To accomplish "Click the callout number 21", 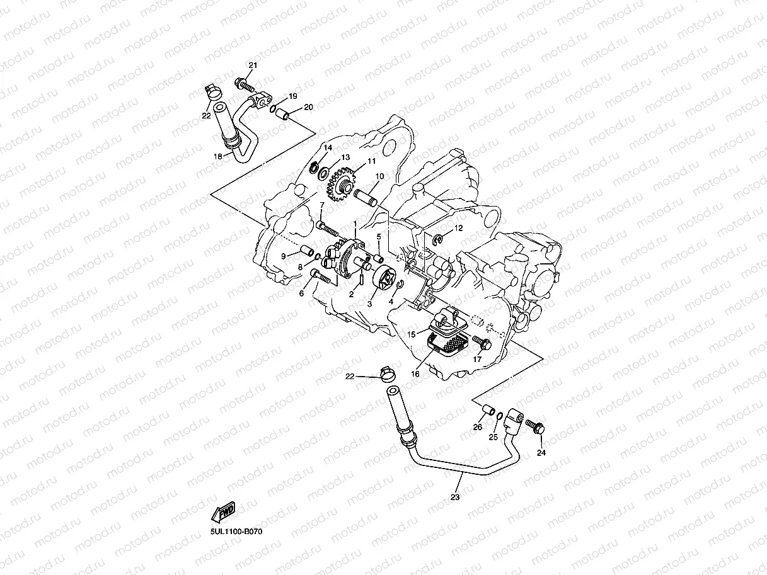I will pyautogui.click(x=253, y=65).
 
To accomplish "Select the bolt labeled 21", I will pyautogui.click(x=243, y=84).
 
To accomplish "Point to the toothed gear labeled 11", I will pyautogui.click(x=340, y=184).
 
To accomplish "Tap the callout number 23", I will pyautogui.click(x=455, y=497).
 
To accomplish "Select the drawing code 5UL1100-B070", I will pyautogui.click(x=236, y=532).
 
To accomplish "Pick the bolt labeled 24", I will pyautogui.click(x=536, y=426).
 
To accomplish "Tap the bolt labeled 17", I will pyautogui.click(x=482, y=343).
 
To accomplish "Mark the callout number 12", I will pyautogui.click(x=458, y=228).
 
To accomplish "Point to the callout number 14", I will pyautogui.click(x=328, y=147).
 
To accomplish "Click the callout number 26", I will pyautogui.click(x=478, y=427).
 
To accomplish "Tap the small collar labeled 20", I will pyautogui.click(x=285, y=116).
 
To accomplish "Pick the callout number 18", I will pyautogui.click(x=218, y=156).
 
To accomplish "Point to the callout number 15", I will pyautogui.click(x=412, y=334).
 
